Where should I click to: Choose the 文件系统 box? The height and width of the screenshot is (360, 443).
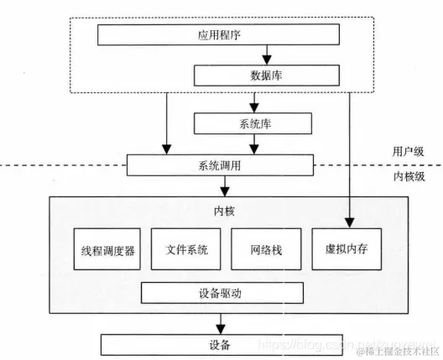click(x=185, y=249)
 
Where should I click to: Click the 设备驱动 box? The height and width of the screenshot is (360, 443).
click(x=221, y=293)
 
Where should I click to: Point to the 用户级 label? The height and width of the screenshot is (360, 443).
click(x=409, y=151)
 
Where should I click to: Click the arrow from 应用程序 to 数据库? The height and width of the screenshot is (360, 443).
click(x=266, y=56)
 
